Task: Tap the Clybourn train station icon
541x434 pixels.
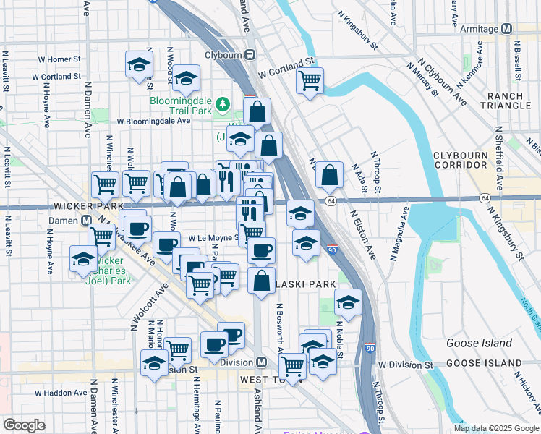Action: click(250, 54)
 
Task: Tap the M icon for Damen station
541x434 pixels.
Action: click(85, 220)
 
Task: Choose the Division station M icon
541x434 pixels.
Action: click(262, 362)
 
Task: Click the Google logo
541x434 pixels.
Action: click(24, 425)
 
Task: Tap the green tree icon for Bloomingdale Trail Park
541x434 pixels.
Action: click(224, 102)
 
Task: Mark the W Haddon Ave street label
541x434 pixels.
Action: click(61, 393)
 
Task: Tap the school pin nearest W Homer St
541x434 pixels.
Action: click(139, 64)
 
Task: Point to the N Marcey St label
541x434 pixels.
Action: click(423, 79)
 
